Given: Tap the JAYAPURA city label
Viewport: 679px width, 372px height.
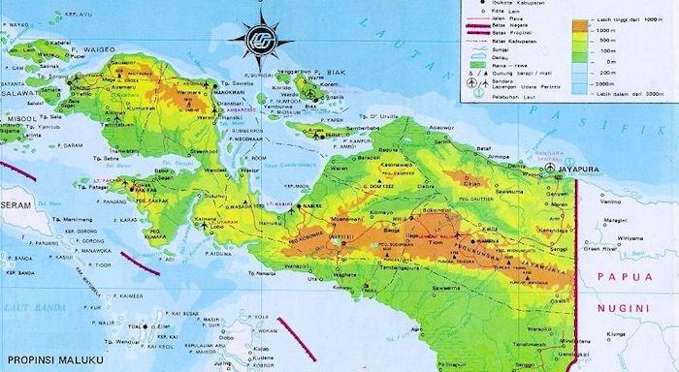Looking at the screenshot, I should (x=580, y=167).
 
